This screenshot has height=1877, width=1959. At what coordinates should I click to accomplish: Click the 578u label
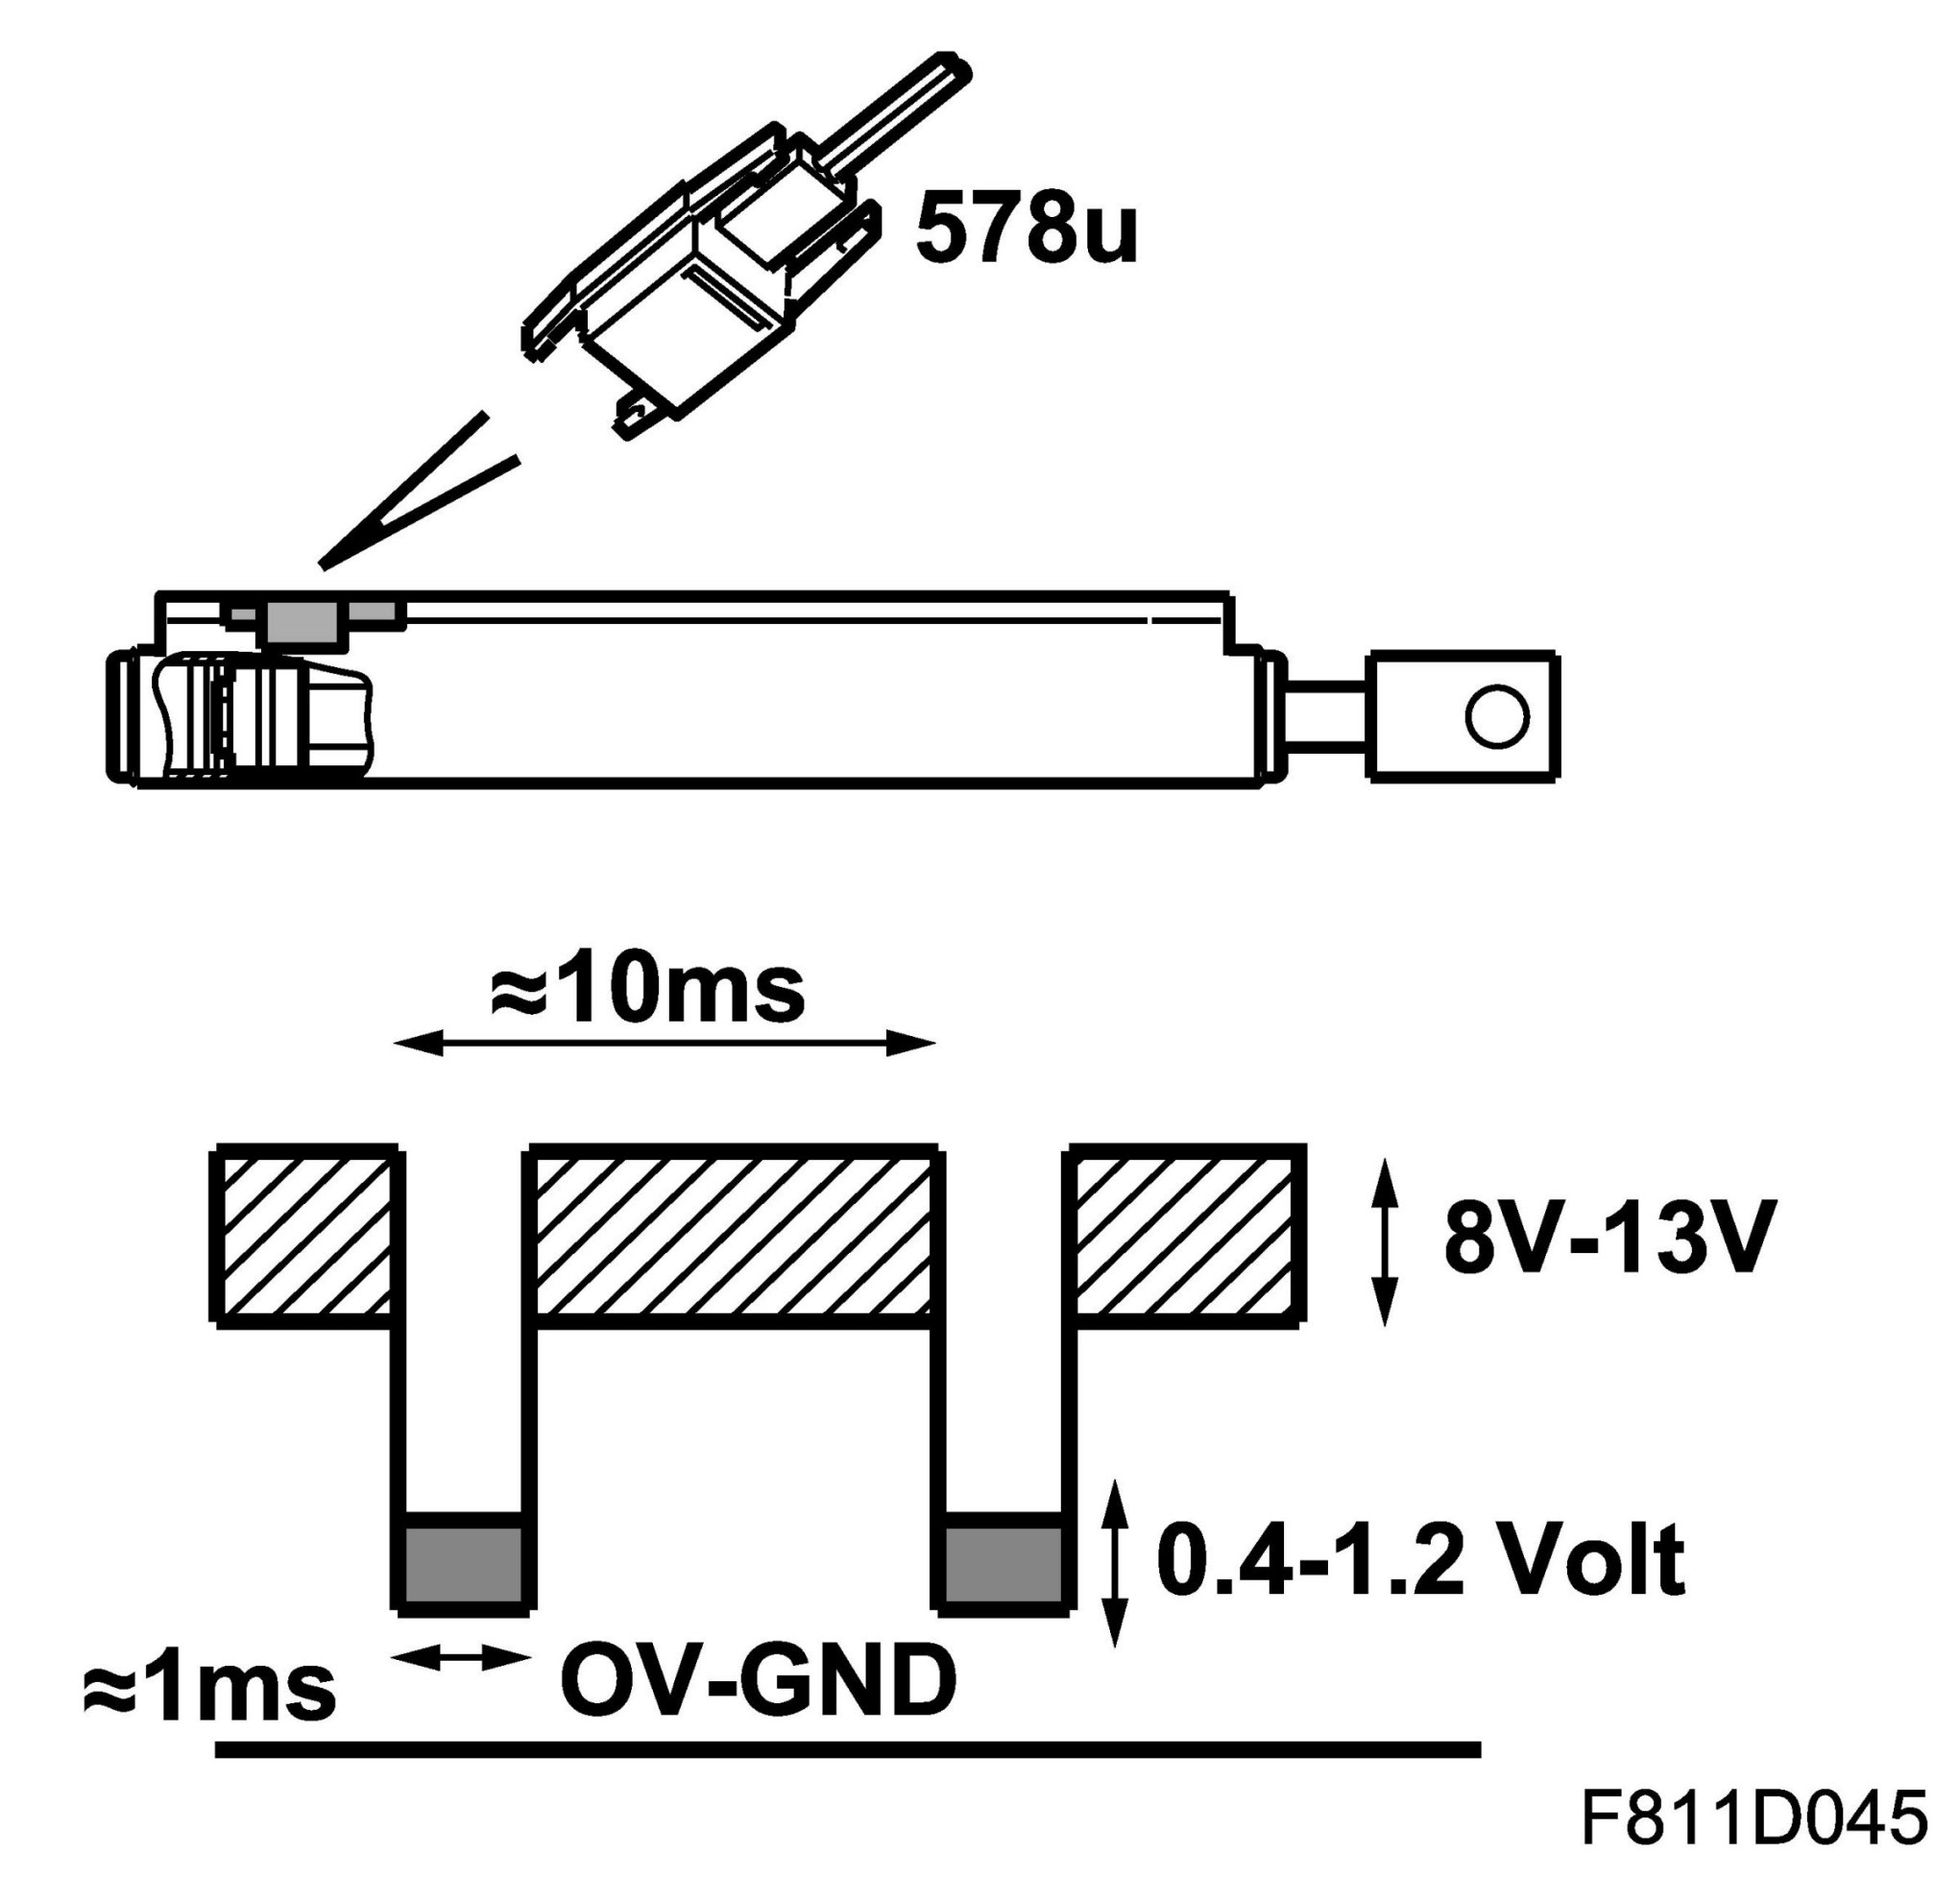click(1027, 229)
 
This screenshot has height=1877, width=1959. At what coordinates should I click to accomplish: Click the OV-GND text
click(758, 1680)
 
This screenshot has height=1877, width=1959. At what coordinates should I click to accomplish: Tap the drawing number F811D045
click(1753, 1817)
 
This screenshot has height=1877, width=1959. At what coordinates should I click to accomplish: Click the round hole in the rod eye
click(1496, 716)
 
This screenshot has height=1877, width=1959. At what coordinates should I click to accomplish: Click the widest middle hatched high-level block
click(734, 1238)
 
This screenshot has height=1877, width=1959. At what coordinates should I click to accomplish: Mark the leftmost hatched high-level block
click(303, 1238)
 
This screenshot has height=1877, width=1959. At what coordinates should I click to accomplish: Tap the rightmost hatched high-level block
click(1187, 1238)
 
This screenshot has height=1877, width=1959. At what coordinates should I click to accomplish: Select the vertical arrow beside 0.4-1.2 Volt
click(1115, 1564)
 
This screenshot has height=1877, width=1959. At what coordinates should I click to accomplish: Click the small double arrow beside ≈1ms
click(462, 1660)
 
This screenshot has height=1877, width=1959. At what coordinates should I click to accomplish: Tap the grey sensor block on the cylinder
click(301, 620)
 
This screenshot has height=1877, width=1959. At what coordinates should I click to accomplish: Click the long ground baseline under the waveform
click(848, 1748)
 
